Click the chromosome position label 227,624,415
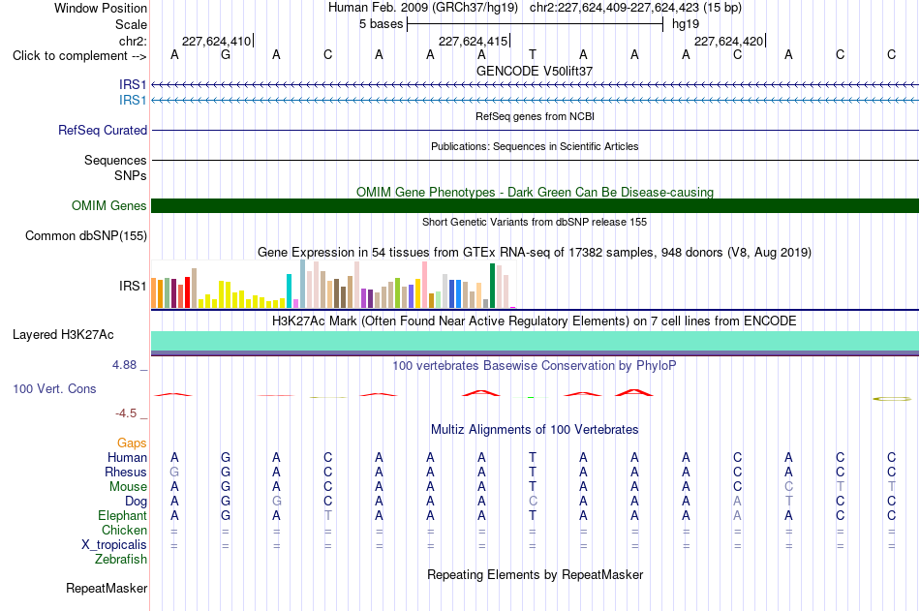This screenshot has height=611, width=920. (474, 41)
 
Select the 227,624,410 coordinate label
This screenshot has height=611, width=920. (217, 41)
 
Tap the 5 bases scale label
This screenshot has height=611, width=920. (382, 24)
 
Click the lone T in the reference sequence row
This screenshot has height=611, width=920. (533, 54)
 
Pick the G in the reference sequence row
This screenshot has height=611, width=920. (226, 54)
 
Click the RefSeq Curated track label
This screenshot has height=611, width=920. (103, 131)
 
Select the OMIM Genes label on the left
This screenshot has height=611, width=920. (109, 205)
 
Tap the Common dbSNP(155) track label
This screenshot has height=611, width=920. (86, 236)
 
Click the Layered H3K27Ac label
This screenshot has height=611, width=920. (63, 335)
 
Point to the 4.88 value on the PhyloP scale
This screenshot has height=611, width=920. (124, 365)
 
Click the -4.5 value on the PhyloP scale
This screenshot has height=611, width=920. (126, 413)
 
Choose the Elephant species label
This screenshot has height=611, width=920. (123, 515)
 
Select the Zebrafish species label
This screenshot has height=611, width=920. (121, 559)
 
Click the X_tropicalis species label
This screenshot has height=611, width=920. (114, 545)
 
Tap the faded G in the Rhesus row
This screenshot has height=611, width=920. (174, 472)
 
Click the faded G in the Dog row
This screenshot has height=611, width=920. (276, 502)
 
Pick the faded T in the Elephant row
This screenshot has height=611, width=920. (328, 515)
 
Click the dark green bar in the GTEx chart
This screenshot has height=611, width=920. (492, 286)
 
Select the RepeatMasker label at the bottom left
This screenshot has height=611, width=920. (107, 588)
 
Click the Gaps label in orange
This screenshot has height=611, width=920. (132, 443)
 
